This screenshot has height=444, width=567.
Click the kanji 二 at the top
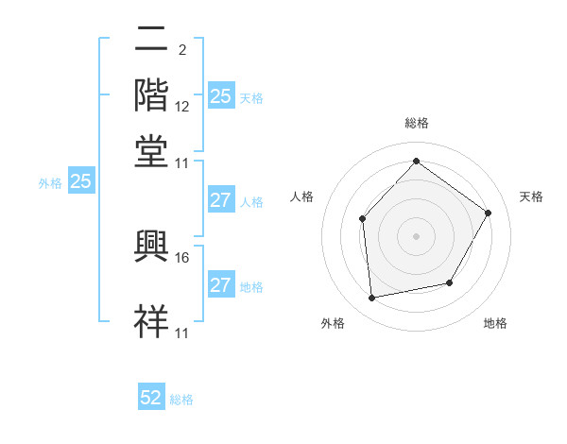click(x=151, y=41)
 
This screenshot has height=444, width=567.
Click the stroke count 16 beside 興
click(x=183, y=257)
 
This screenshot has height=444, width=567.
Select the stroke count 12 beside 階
click(x=183, y=107)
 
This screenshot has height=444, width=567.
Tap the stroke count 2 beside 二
click(x=181, y=49)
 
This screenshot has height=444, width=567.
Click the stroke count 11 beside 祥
click(x=182, y=333)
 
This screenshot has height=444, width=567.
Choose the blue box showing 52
click(x=151, y=398)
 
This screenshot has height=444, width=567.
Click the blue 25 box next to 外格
click(x=80, y=182)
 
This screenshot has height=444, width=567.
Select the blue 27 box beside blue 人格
click(x=220, y=200)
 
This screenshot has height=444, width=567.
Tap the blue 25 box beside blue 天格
click(x=220, y=96)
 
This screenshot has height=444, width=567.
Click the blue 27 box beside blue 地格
click(x=220, y=285)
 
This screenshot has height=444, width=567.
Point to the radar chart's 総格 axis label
click(x=416, y=123)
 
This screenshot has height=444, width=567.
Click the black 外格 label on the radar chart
click(x=333, y=323)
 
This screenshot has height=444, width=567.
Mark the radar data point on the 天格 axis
click(x=489, y=213)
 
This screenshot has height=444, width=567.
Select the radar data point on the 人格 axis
click(x=363, y=219)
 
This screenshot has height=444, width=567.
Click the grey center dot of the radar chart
click(x=416, y=235)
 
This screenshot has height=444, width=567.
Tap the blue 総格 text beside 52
click(x=182, y=400)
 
